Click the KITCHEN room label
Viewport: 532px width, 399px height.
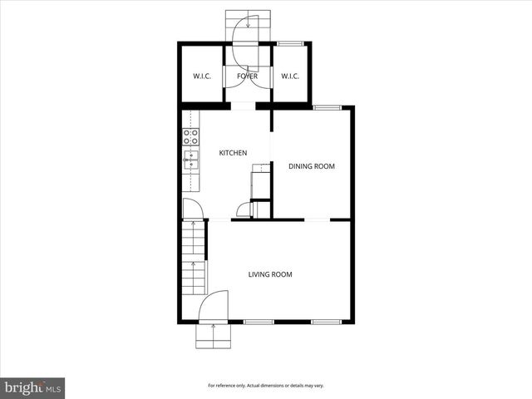(x=233, y=153)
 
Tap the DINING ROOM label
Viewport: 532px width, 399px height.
(x=312, y=166)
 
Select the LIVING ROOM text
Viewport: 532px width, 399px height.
(x=270, y=274)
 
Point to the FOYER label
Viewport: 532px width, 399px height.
(x=247, y=76)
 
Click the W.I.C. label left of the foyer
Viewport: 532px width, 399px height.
(x=202, y=76)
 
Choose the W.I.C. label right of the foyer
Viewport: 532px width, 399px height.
(x=290, y=76)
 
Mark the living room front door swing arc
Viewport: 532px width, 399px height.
(x=214, y=303)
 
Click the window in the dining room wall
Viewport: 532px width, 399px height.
(x=326, y=106)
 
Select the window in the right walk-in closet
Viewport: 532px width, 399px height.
(x=289, y=43)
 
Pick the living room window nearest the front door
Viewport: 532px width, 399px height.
(x=259, y=322)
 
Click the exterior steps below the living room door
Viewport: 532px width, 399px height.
(x=214, y=336)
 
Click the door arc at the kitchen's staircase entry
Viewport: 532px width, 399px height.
(x=191, y=209)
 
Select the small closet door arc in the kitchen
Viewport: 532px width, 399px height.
(x=244, y=210)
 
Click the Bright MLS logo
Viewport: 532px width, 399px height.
(x=33, y=387)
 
